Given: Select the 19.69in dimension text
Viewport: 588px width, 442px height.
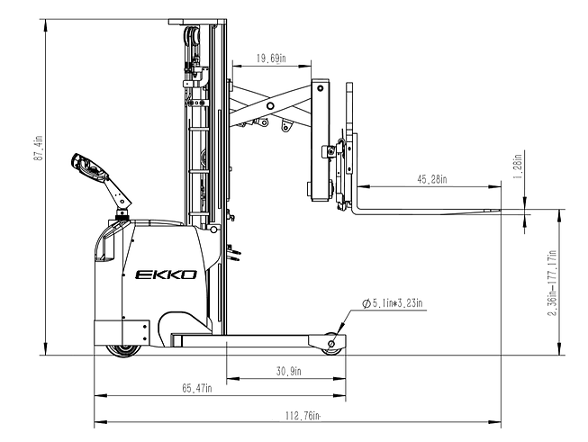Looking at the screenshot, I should point(270,59).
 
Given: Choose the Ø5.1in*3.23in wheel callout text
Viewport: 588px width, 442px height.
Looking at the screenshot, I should point(392,306).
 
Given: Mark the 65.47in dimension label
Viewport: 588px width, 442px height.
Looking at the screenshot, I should point(196,388).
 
